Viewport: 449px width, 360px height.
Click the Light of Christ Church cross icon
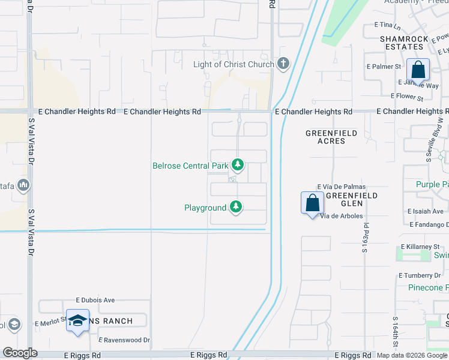283,64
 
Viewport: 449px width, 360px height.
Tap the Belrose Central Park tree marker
238,164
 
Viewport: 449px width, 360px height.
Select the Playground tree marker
237,207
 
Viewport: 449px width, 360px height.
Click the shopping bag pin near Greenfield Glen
312,202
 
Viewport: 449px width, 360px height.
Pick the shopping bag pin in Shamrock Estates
417,69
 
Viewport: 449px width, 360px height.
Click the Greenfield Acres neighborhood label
331,137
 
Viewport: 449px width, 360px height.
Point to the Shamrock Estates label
405,43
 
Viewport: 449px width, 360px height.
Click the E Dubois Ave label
95,300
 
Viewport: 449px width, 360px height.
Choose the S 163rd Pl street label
364,237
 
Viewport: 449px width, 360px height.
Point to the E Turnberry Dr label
419,275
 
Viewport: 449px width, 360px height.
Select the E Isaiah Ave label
426,211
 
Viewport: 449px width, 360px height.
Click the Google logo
20,352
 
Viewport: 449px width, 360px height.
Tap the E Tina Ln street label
387,25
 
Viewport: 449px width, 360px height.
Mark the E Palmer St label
384,67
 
